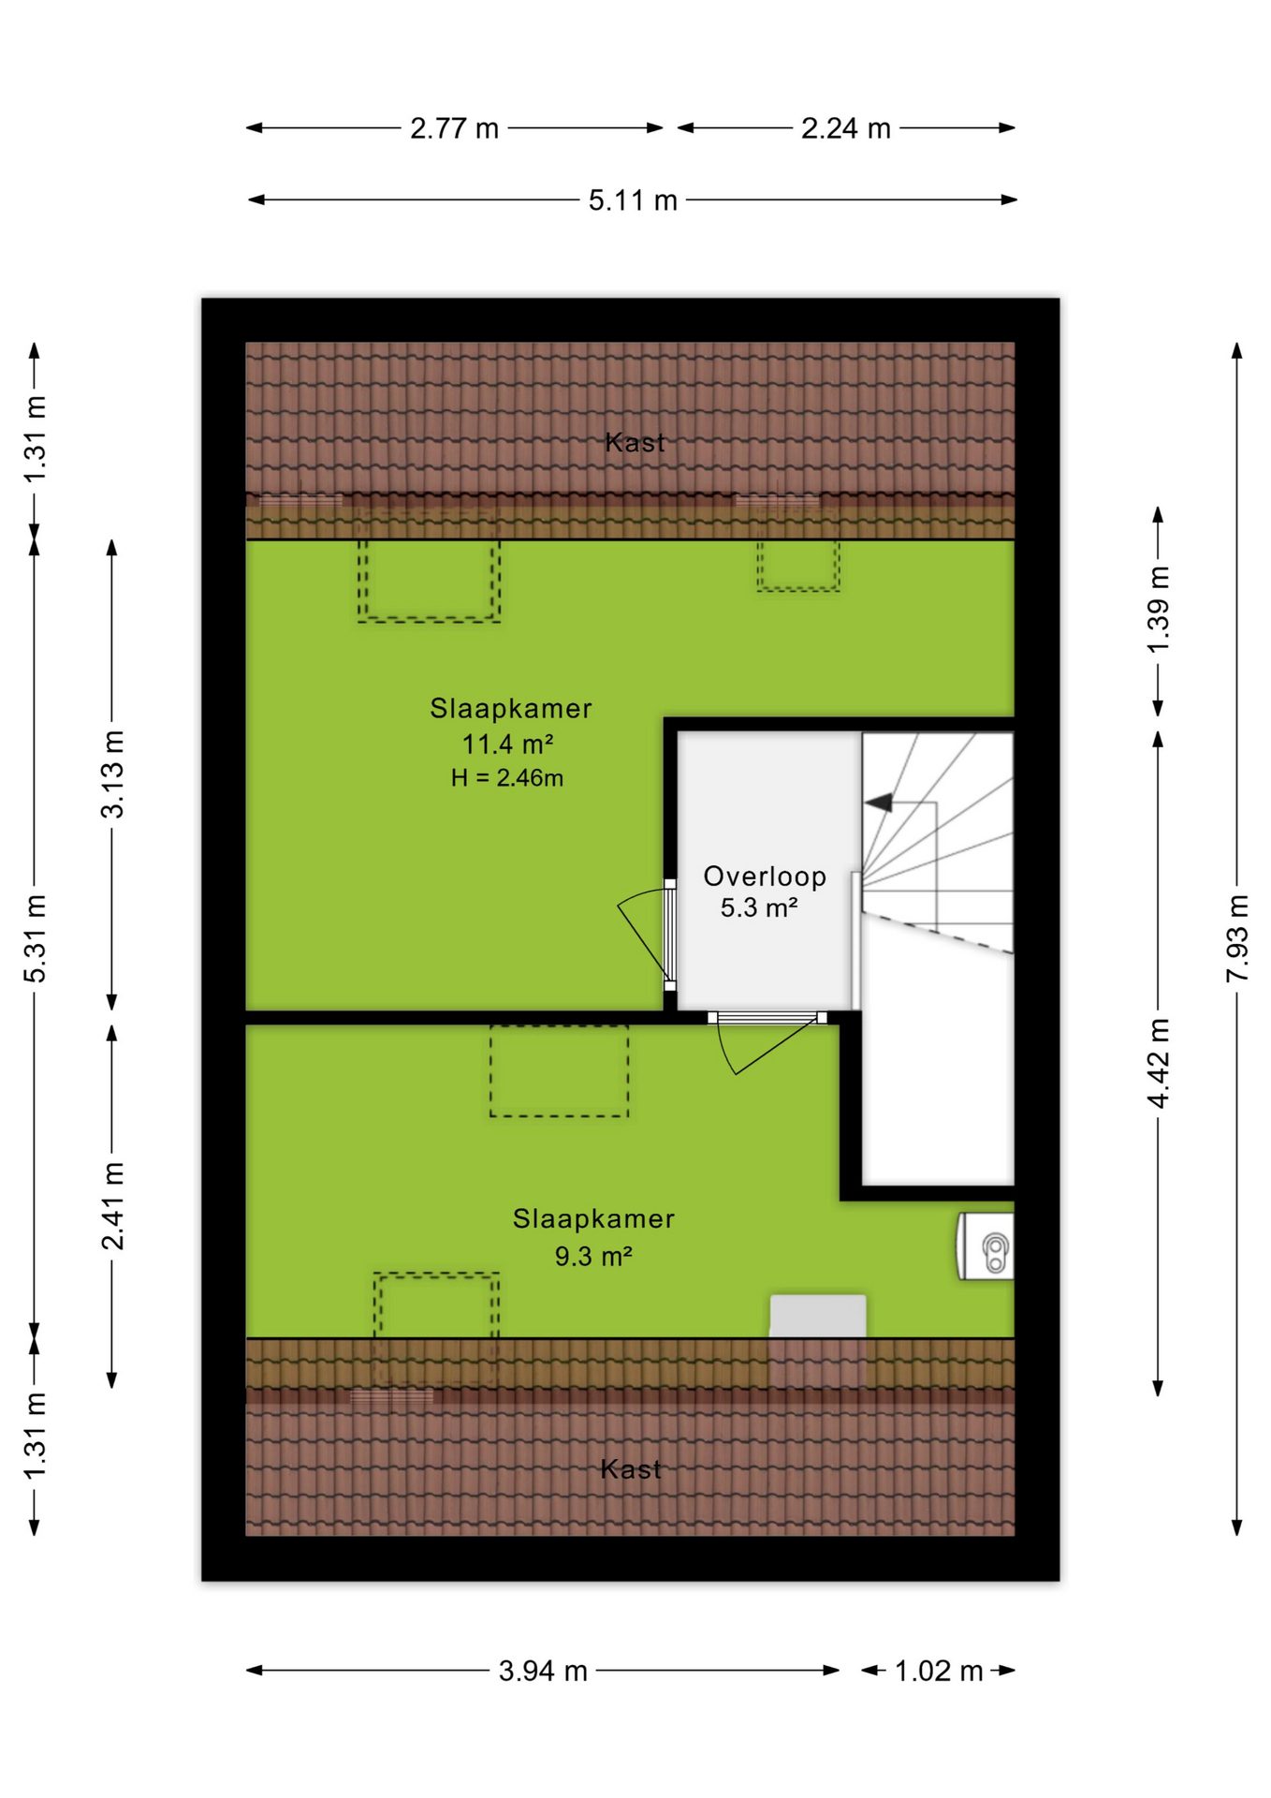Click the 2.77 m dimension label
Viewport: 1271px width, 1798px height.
point(454,128)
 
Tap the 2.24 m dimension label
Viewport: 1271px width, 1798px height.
point(845,128)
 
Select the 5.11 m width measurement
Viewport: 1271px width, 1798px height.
point(633,200)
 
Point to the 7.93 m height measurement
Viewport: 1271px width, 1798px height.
point(1237,938)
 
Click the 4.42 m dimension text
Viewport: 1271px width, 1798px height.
point(1159,1063)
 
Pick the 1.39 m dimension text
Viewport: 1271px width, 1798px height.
point(1159,610)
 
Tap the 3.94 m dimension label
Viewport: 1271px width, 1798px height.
point(543,1671)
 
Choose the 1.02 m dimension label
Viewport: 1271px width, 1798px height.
point(939,1671)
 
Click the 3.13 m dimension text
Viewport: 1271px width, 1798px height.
point(112,774)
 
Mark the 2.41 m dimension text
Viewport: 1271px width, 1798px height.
point(112,1206)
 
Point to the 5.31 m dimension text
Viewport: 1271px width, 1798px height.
point(35,938)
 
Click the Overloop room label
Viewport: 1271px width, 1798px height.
point(765,877)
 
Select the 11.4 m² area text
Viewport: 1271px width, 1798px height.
point(508,744)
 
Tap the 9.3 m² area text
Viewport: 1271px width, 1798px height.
point(593,1256)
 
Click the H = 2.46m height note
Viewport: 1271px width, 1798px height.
point(507,778)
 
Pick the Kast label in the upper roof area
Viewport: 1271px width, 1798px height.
point(635,442)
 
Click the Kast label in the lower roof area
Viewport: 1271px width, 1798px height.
point(631,1469)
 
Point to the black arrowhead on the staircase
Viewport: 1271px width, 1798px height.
point(878,803)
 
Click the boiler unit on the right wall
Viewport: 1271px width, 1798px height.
point(986,1246)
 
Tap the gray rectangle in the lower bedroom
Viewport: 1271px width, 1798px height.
point(818,1316)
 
